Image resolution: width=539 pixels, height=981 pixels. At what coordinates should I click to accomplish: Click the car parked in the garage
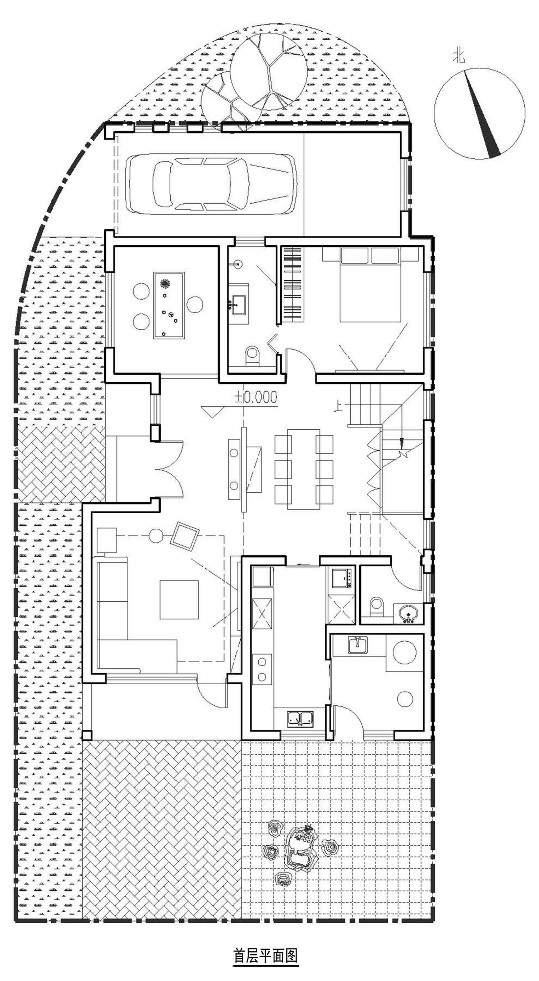click(211, 183)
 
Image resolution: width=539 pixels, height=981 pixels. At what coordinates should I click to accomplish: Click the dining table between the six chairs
click(303, 469)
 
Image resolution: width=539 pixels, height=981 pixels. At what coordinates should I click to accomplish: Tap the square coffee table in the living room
click(179, 600)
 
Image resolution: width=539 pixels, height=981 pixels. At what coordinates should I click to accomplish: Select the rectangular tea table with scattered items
click(169, 306)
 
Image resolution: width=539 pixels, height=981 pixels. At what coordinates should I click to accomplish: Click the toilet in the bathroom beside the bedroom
click(252, 356)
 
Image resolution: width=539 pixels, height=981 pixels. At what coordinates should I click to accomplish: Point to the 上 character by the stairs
click(337, 406)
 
